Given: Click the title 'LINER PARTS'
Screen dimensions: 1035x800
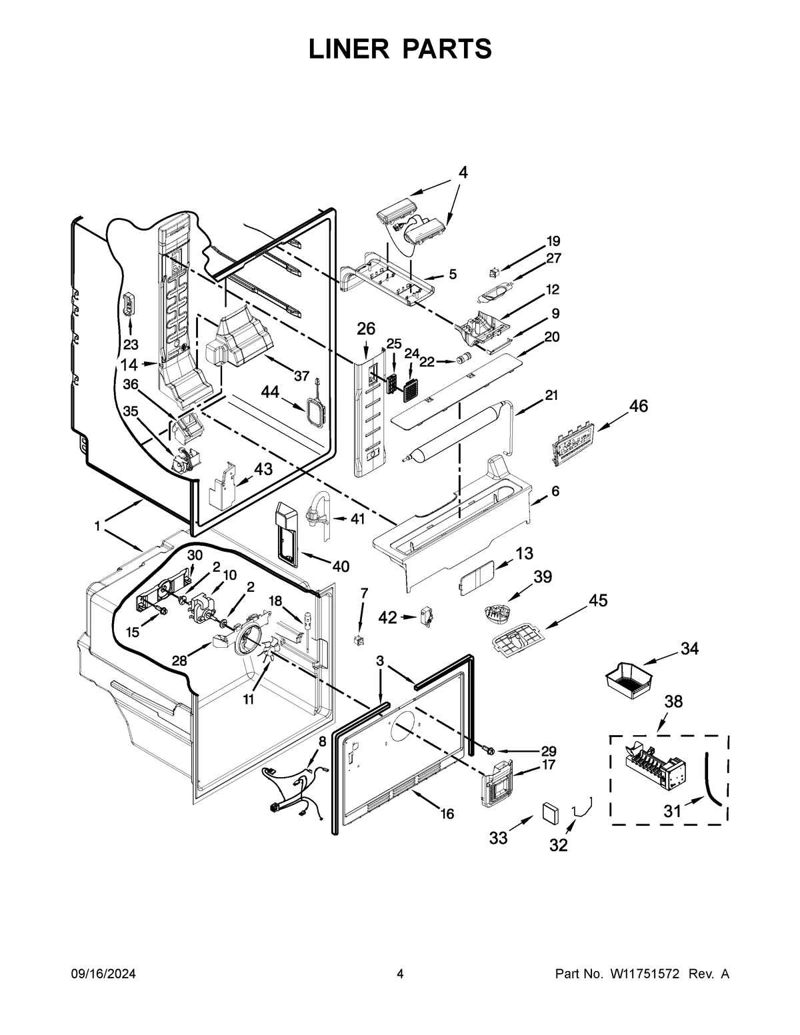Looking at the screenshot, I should click(x=400, y=49).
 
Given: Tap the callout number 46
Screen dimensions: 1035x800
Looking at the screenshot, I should click(x=638, y=406).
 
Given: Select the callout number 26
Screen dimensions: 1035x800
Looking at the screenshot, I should click(x=366, y=329).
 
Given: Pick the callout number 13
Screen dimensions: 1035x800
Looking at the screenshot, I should click(x=524, y=552).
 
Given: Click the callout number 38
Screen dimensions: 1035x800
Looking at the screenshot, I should click(x=674, y=702).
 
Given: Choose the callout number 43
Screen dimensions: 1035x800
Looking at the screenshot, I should click(x=263, y=469).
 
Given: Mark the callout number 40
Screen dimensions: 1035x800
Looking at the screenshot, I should click(x=340, y=566).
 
